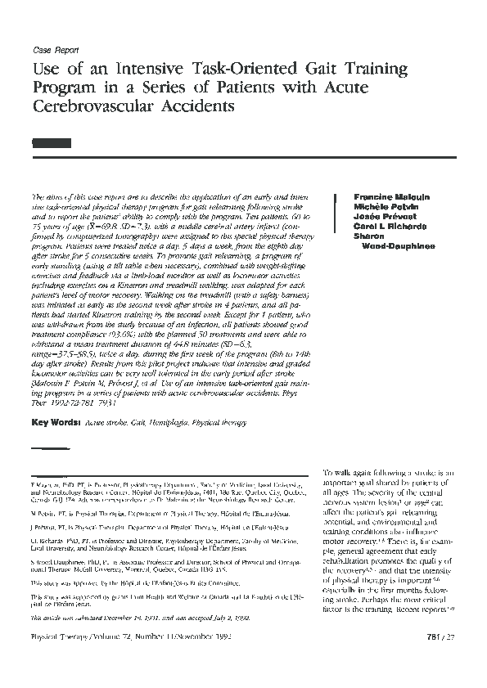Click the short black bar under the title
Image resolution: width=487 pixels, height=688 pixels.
[47, 142]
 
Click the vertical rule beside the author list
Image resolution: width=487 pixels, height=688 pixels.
[337, 221]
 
